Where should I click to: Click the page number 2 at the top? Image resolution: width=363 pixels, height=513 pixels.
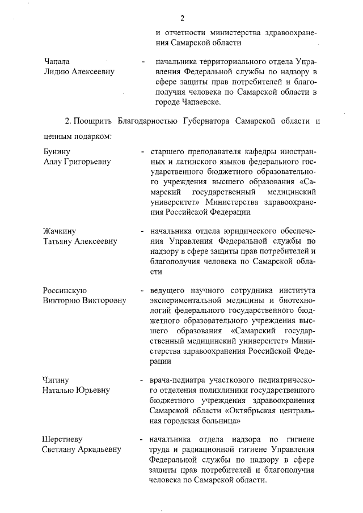pyautogui.click(x=183, y=18)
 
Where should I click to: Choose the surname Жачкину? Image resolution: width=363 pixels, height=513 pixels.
pyautogui.click(x=60, y=231)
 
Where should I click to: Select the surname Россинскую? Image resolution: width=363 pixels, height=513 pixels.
pyautogui.click(x=65, y=290)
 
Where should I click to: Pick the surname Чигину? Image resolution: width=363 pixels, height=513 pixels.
pyautogui.click(x=57, y=380)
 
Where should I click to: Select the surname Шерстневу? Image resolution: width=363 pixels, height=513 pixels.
pyautogui.click(x=64, y=439)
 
